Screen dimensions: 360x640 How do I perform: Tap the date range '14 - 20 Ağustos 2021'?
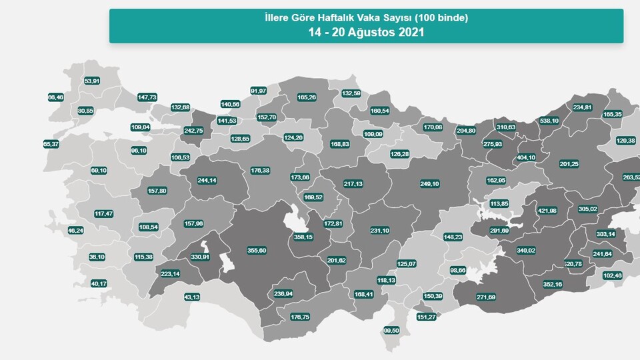(366, 31)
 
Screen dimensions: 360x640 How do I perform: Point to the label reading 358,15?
(303, 237)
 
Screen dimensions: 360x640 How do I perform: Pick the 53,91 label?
(92, 81)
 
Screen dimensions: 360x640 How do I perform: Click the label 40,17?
(99, 284)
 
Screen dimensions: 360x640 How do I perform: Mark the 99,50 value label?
(391, 331)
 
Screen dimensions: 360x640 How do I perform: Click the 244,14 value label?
(207, 180)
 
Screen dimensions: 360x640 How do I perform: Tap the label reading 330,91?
(200, 257)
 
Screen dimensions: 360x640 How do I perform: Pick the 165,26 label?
(307, 97)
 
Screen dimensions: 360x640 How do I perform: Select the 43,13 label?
(192, 297)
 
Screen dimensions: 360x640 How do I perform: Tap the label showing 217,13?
(353, 184)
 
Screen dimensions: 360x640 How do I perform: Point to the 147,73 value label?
(147, 97)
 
